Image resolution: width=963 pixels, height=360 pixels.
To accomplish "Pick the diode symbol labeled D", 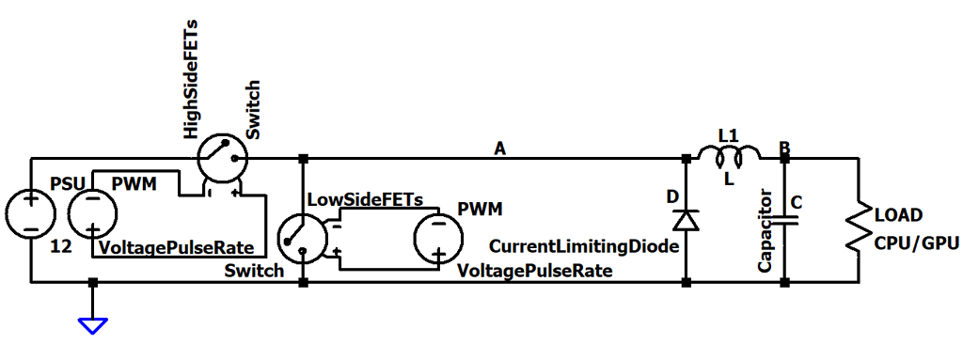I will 686,219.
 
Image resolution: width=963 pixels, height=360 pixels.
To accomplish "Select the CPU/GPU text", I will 916,245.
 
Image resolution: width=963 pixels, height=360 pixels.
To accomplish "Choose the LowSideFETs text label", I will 365,199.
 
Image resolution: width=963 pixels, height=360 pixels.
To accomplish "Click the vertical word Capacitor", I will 765,230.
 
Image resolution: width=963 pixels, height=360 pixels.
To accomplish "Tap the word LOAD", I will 898,214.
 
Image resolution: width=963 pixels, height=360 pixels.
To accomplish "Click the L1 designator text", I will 728,135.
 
